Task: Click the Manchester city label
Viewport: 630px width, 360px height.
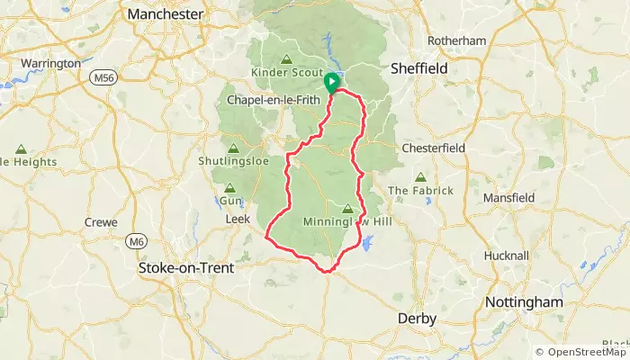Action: tap(166, 14)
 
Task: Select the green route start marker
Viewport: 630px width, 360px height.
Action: tap(331, 82)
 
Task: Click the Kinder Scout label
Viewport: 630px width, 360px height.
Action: tap(287, 71)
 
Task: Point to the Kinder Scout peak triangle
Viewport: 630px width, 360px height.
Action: tap(286, 59)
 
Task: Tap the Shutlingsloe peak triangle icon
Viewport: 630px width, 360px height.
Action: tap(234, 148)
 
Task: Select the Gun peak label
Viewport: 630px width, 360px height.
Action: tap(231, 202)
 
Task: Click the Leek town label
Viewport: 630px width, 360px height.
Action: tap(237, 219)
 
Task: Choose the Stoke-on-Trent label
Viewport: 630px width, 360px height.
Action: tap(185, 268)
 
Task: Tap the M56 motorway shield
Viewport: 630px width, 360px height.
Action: tap(103, 78)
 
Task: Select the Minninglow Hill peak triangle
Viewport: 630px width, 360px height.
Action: tap(347, 208)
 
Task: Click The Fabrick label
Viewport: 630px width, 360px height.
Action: tap(420, 191)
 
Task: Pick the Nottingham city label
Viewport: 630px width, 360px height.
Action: tap(524, 301)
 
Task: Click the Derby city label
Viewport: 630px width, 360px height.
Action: tap(418, 319)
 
